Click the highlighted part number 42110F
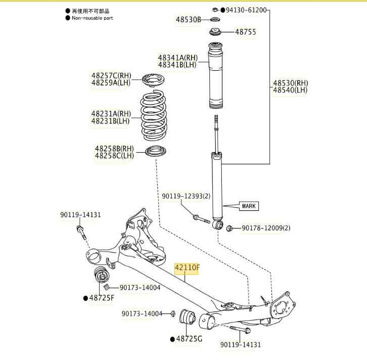tap(187, 268)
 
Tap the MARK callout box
tap(249, 206)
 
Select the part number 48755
tap(245, 32)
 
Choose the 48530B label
tap(189, 19)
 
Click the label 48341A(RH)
tap(177, 58)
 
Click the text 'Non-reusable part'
tap(93, 18)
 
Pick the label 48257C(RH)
tap(111, 75)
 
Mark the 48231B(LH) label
tap(111, 121)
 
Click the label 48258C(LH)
tap(114, 155)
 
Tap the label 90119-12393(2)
tap(186, 196)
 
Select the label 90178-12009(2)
tap(266, 228)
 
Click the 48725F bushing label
tap(102, 298)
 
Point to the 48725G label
tap(189, 338)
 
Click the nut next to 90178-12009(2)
tap(229, 228)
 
